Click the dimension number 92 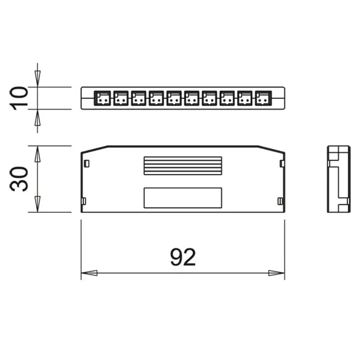[183, 257]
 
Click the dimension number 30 [20, 179]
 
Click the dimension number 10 [20, 98]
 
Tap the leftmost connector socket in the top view [103, 98]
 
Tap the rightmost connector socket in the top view [263, 98]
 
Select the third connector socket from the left [138, 98]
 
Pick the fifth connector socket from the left [174, 98]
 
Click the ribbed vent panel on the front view [182, 165]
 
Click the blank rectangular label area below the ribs [182, 197]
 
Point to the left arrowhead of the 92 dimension [89, 273]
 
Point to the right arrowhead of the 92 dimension [277, 273]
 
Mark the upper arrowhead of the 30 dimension [37, 153]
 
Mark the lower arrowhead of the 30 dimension [37, 205]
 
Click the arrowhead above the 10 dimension [37, 78]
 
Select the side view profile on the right [338, 179]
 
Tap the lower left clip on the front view [83, 201]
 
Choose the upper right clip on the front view [281, 163]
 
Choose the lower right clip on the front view [280, 201]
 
